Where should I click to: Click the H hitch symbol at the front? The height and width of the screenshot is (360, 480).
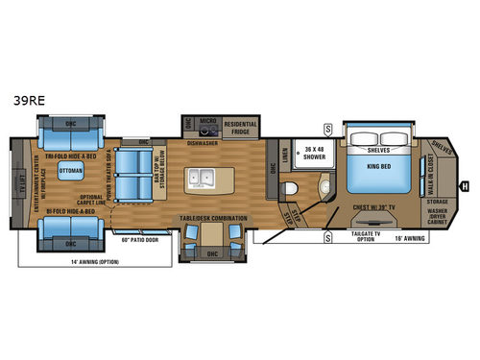(465, 184)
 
